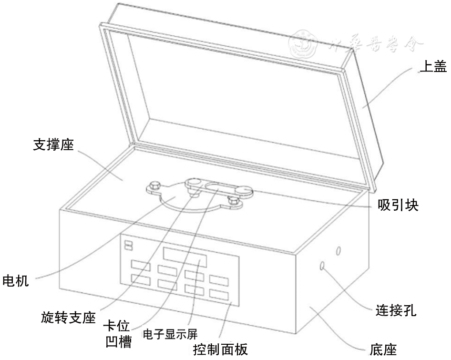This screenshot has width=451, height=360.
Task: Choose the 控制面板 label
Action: [x=220, y=350]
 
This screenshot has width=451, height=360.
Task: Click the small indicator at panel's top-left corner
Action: [x=128, y=245]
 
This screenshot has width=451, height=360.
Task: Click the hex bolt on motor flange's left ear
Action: [x=155, y=185]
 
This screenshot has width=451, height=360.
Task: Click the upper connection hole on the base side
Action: [x=338, y=250]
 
